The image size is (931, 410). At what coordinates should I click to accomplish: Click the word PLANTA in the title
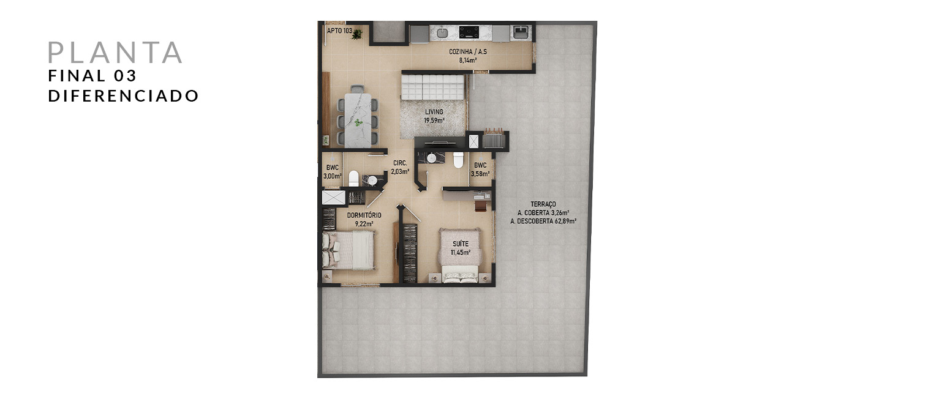[115, 52]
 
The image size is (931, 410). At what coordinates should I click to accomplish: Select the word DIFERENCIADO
[124, 96]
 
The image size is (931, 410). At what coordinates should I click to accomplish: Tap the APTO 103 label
[339, 31]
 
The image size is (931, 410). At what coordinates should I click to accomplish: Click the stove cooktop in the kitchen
[469, 32]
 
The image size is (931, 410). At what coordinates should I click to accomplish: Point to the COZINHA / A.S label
[467, 52]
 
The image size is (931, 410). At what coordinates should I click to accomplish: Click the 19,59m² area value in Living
[434, 121]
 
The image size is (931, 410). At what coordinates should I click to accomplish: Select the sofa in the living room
[432, 87]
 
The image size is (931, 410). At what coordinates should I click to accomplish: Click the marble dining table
[358, 120]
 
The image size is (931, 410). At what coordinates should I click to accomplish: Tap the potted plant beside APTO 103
[356, 35]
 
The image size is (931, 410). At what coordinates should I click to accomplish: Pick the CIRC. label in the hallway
[400, 163]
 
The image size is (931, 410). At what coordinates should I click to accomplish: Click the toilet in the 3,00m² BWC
[353, 178]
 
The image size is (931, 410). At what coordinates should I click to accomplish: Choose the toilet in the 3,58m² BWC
[458, 160]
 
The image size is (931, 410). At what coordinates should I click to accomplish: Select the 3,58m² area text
[480, 174]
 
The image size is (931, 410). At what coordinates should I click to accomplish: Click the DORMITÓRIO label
[364, 215]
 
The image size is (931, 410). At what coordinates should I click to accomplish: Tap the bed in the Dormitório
[349, 250]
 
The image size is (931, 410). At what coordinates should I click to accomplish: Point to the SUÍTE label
[461, 244]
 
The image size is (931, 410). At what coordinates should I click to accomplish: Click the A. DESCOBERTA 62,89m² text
[543, 222]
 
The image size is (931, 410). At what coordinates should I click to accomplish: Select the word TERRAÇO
[543, 204]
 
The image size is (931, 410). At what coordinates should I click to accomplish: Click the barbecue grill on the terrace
[494, 139]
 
